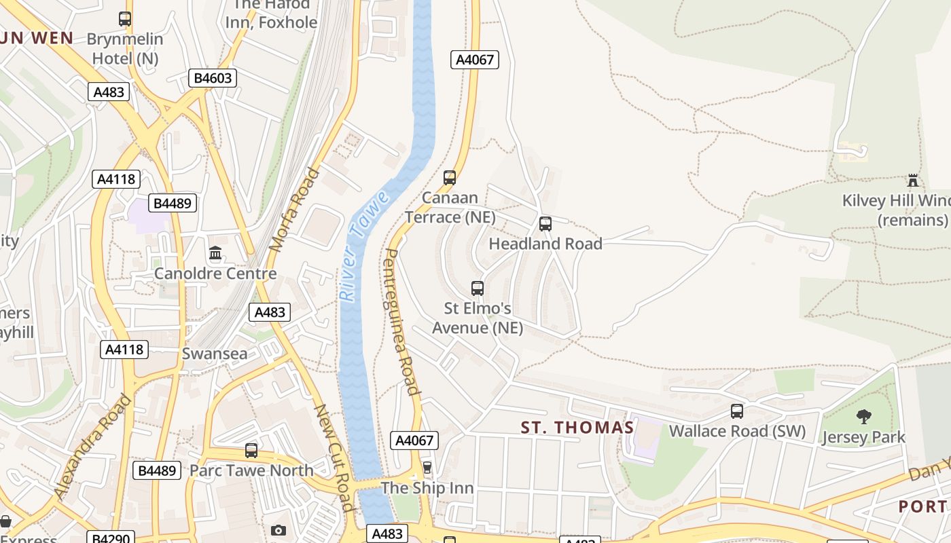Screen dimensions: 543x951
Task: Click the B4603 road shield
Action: (x=213, y=78)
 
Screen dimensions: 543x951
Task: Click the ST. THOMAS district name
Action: (x=577, y=428)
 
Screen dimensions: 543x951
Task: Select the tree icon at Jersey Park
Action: (x=863, y=416)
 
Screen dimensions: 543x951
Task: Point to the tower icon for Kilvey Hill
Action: (x=913, y=181)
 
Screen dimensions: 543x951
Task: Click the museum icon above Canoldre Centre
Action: (x=215, y=254)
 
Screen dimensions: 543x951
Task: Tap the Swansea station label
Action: (x=215, y=354)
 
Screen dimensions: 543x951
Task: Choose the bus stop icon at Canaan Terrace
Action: (x=450, y=178)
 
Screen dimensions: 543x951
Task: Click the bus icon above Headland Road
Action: (x=545, y=224)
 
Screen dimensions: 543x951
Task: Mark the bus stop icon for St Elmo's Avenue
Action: (x=478, y=288)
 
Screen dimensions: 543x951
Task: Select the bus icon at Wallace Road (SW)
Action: (x=737, y=411)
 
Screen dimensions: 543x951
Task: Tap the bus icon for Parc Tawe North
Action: (x=251, y=450)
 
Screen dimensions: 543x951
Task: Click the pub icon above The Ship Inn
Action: (x=427, y=467)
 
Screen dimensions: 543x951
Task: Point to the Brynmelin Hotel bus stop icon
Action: (x=125, y=19)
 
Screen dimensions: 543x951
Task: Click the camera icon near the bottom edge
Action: (x=278, y=530)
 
